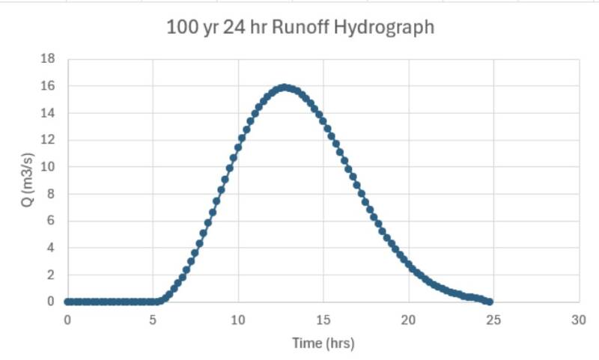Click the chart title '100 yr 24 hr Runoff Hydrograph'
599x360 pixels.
pyautogui.click(x=299, y=29)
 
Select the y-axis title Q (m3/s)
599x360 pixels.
pyautogui.click(x=27, y=180)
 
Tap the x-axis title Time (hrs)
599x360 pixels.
pyautogui.click(x=323, y=344)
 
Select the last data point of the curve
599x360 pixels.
pyautogui.click(x=490, y=302)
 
